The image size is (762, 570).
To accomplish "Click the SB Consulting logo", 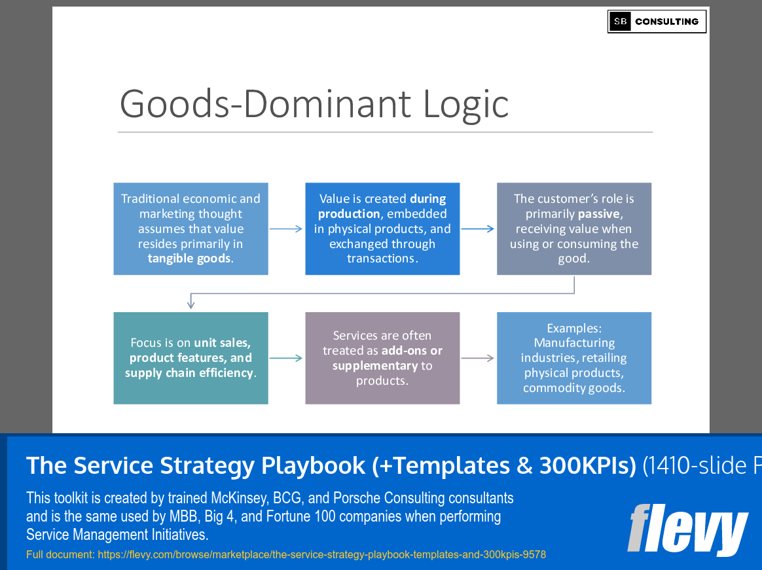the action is pyautogui.click(x=657, y=22).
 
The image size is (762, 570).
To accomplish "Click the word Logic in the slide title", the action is pyautogui.click(x=466, y=104).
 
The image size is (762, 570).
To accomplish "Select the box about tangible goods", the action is pyautogui.click(x=191, y=229).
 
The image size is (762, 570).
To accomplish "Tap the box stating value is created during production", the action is pyautogui.click(x=382, y=229).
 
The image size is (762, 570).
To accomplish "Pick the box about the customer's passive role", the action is pyautogui.click(x=574, y=229).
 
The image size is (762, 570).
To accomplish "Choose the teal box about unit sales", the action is pyautogui.click(x=191, y=358).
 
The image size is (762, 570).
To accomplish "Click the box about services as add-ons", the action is pyautogui.click(x=382, y=358).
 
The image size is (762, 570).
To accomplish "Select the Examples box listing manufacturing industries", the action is pyautogui.click(x=574, y=358).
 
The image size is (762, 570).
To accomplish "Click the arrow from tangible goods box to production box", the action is pyautogui.click(x=285, y=229).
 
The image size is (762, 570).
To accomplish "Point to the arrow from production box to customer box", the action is pyautogui.click(x=477, y=229).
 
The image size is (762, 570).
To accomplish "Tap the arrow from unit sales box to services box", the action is pyautogui.click(x=285, y=358).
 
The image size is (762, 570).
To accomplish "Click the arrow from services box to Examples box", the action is pyautogui.click(x=477, y=358).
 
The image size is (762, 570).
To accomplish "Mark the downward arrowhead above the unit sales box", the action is pyautogui.click(x=191, y=304).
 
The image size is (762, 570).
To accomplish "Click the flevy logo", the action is pyautogui.click(x=687, y=529).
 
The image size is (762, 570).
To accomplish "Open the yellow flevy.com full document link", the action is pyautogui.click(x=321, y=554).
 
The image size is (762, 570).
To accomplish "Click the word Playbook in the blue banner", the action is pyautogui.click(x=313, y=465).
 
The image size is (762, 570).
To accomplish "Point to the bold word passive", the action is pyautogui.click(x=599, y=214).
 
